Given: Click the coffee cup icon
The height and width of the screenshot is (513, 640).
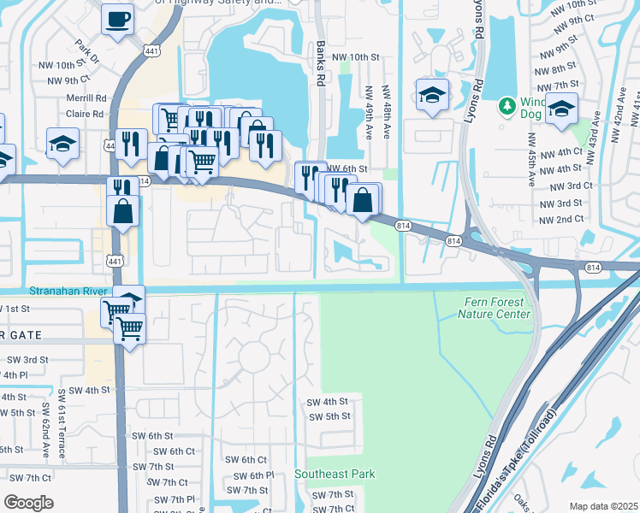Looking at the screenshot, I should [118, 18].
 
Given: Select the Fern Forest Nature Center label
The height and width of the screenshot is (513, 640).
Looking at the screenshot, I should [495, 308].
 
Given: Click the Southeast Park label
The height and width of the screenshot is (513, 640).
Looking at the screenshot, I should [335, 474].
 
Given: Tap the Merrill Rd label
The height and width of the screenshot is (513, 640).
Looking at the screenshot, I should [86, 98].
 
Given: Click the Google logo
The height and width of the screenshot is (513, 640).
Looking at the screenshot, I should [28, 503].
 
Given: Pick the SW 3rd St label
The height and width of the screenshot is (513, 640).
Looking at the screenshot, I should [24, 360].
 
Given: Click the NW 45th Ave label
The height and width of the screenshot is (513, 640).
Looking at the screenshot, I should [531, 158].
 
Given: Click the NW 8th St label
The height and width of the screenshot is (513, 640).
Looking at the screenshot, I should [554, 68].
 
